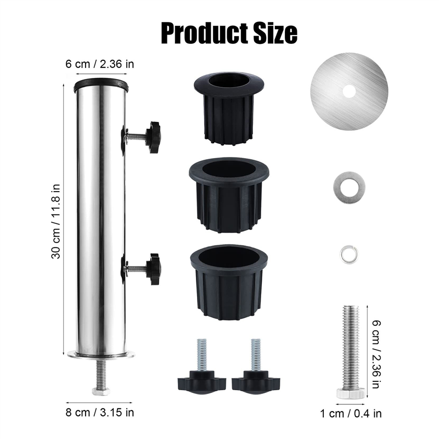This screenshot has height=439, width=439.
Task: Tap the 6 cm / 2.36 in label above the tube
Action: (x=100, y=64)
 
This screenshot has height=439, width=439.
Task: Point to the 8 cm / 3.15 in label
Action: (x=100, y=412)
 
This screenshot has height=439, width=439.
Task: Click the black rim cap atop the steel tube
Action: (x=101, y=85)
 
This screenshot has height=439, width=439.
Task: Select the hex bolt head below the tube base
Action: (x=100, y=391)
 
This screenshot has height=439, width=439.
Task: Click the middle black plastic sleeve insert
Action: (x=229, y=194)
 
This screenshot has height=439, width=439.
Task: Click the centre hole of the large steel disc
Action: (x=349, y=89)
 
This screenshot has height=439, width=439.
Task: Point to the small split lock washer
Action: (x=348, y=253)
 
